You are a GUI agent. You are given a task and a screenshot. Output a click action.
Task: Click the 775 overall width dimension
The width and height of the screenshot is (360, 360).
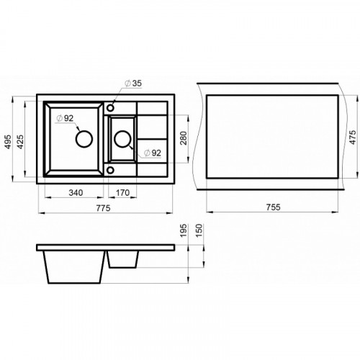[103, 208]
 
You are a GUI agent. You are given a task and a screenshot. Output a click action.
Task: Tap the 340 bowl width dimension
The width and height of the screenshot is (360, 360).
[76, 192]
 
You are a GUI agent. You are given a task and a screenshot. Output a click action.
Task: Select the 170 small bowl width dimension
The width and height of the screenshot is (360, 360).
[122, 192]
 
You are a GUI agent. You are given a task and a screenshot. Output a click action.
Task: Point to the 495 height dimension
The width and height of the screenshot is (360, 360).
[8, 142]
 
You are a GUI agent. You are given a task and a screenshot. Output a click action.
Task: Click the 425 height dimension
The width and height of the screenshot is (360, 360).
[20, 142]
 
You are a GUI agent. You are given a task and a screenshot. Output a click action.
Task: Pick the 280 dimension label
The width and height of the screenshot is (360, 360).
[184, 138]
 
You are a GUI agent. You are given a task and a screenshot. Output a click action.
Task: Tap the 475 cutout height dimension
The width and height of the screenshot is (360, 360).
[353, 137]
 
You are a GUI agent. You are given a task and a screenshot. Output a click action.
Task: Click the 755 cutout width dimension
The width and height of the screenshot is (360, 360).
[273, 207]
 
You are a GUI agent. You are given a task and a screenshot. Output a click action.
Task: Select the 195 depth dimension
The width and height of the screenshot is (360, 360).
[184, 230]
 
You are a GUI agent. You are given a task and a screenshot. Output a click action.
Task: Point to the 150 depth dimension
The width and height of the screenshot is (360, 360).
[199, 230]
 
